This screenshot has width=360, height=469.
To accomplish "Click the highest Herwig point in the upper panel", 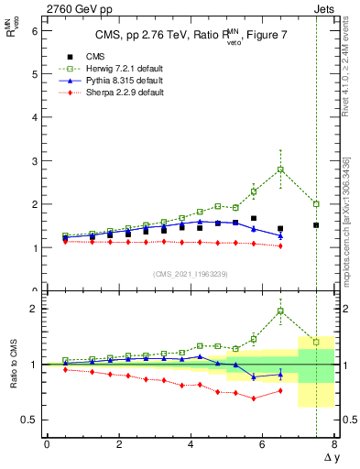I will [280, 169].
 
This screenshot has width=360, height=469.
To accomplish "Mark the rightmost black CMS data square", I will [316, 224].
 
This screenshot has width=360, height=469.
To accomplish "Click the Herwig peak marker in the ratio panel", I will [280, 311].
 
